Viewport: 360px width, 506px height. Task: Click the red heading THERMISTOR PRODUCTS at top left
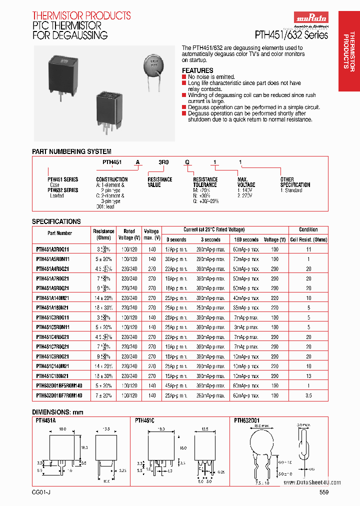pos(81,15)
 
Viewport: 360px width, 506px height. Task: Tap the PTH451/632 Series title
pos(291,35)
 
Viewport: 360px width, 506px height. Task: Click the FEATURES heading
pos(197,70)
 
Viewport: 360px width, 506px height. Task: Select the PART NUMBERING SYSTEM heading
pos(71,151)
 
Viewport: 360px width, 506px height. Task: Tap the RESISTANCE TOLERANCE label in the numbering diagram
pos(205,182)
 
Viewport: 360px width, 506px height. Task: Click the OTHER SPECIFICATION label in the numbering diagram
pos(295,182)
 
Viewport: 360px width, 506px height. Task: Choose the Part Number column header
pos(60,233)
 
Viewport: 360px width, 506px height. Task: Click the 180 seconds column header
pos(246,239)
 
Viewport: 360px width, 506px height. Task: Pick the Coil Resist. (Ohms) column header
pos(308,239)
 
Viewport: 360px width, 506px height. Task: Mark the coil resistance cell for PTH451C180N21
pos(308,376)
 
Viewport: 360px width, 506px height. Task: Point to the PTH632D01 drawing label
pos(246,421)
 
